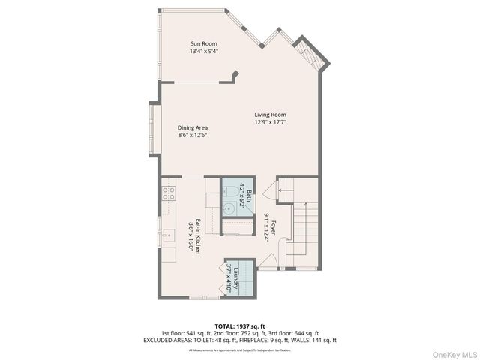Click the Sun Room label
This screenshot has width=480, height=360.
coord(203,44)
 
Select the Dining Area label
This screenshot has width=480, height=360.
coord(192,127)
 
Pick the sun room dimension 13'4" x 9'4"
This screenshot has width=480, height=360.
coord(203,52)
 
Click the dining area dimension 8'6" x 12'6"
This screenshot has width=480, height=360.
coord(192,136)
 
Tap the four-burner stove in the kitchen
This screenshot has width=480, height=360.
coord(168,195)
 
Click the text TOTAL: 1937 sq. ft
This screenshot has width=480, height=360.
coord(239,325)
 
